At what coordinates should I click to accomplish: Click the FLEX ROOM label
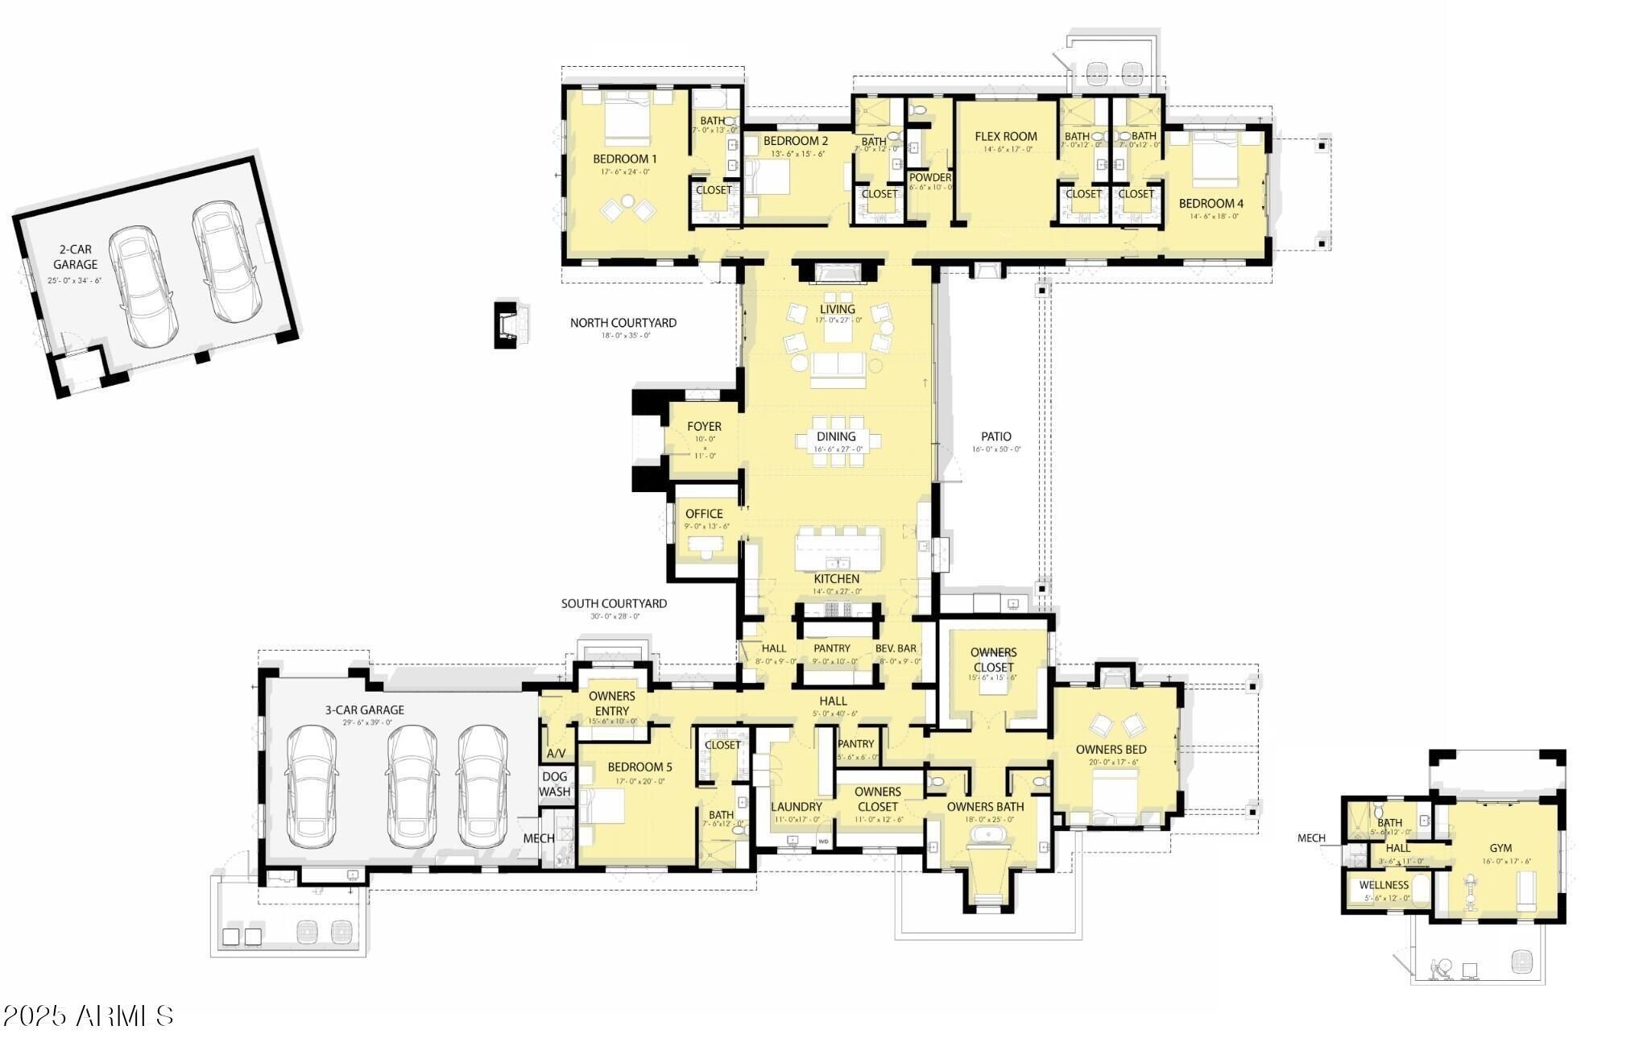click(x=1005, y=137)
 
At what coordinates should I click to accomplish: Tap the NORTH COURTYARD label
click(x=623, y=323)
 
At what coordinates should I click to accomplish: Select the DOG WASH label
click(x=554, y=784)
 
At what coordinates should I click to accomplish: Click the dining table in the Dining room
click(x=838, y=441)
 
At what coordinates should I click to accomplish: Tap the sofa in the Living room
click(x=838, y=367)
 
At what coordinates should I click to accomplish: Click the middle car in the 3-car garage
click(x=412, y=786)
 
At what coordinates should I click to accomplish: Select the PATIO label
click(x=995, y=436)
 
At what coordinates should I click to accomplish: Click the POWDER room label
click(x=930, y=177)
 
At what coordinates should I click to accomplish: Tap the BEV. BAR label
click(x=896, y=648)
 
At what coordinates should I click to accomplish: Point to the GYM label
click(x=1500, y=848)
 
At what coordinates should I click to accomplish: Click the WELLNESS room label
click(x=1384, y=885)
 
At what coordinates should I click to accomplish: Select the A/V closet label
click(x=556, y=754)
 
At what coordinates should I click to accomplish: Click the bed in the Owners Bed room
click(x=1115, y=790)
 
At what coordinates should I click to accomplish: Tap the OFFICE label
click(x=704, y=514)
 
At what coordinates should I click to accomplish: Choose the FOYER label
click(x=704, y=427)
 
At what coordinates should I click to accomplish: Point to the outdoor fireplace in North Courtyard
click(x=509, y=324)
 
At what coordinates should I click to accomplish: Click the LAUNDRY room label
click(x=796, y=807)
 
